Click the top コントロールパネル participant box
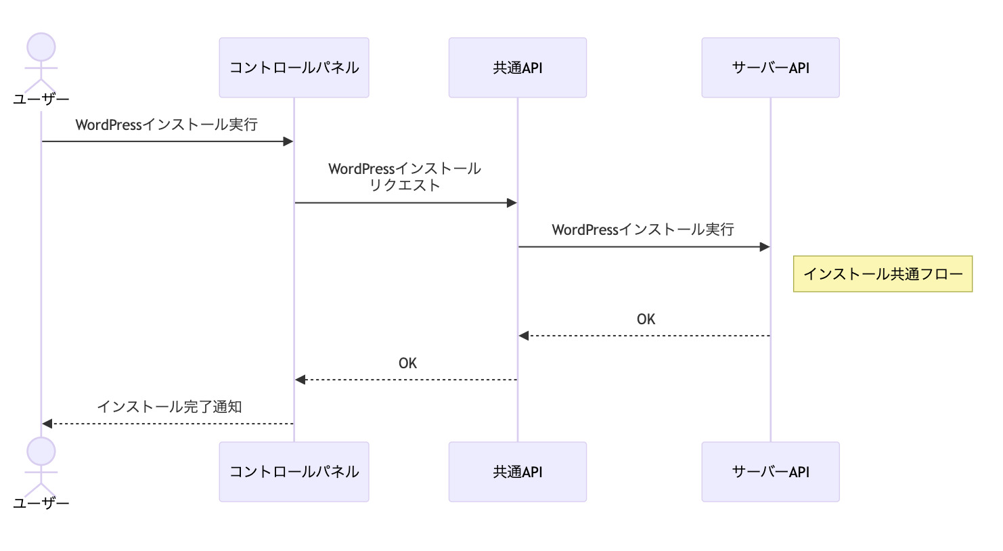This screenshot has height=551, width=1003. point(294,68)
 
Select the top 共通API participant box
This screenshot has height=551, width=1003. point(517,68)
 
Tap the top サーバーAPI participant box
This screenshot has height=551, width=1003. point(770,68)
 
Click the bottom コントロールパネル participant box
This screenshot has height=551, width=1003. point(294,472)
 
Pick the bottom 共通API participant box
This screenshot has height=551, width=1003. point(517,472)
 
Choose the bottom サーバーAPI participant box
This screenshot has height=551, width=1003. point(770,472)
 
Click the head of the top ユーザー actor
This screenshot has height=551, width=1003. point(41,47)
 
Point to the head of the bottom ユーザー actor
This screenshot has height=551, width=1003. point(41,451)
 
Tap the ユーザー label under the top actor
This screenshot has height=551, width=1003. point(41,100)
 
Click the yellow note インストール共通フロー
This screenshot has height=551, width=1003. point(883,274)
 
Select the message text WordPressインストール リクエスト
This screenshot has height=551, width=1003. point(405,177)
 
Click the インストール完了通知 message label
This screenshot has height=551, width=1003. point(169,407)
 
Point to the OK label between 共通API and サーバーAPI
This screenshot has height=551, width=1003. point(646,319)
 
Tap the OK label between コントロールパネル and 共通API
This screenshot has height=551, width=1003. point(407,363)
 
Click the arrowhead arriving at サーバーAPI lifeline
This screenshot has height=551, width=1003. point(765,247)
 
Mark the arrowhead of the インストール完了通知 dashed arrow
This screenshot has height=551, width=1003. point(47,424)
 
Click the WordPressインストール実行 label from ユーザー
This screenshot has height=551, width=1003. point(166,125)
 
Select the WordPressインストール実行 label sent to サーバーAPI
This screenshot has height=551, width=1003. point(643,230)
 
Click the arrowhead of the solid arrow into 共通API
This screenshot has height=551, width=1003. point(512,203)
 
